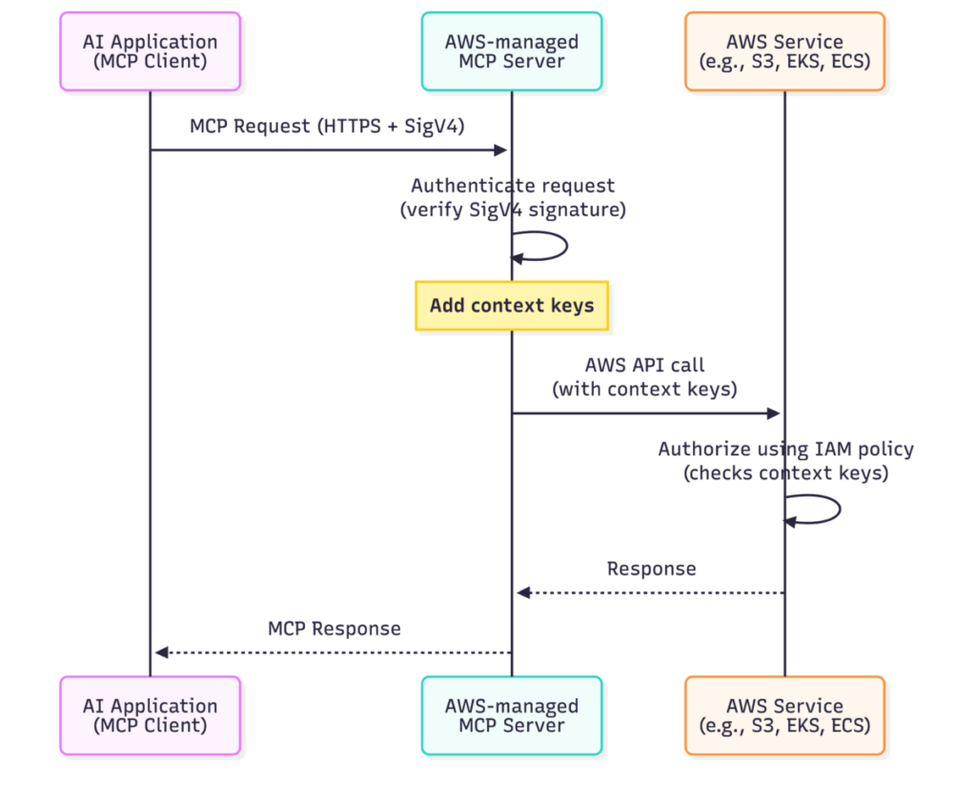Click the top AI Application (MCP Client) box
tap(150, 51)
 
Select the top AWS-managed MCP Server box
tap(511, 51)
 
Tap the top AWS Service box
tap(784, 51)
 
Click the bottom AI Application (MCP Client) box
tap(150, 715)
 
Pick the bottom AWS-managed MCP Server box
tap(511, 715)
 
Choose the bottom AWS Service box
tap(784, 715)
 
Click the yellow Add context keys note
tap(511, 306)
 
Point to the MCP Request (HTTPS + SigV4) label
tap(327, 126)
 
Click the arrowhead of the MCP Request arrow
tap(500, 150)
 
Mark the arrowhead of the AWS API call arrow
tap(774, 413)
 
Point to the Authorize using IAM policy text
tap(785, 449)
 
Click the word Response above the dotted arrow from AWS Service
tap(651, 569)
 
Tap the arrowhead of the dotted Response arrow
tap(523, 593)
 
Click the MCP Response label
tap(334, 629)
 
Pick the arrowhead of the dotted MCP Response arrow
tap(162, 653)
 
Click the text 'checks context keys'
tap(785, 472)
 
